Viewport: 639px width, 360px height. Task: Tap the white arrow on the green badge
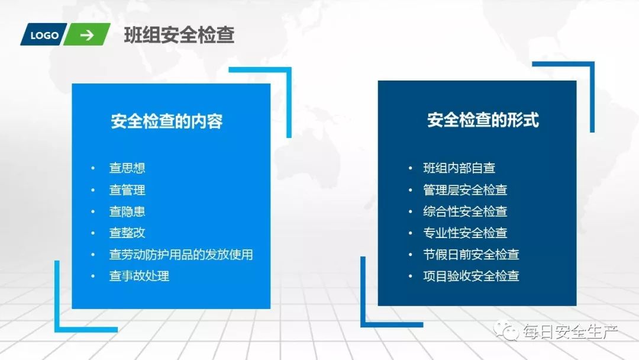87,36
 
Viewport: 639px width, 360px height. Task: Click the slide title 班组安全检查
179,36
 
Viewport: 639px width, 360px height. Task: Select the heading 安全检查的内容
167,121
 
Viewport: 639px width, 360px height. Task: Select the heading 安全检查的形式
483,120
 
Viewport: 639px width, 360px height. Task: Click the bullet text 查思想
127,168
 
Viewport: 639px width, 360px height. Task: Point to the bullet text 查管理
127,190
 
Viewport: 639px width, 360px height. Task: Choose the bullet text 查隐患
127,211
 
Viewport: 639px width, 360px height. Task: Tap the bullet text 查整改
127,233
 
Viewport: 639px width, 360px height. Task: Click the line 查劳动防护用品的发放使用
181,255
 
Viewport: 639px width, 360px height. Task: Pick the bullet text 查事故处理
139,276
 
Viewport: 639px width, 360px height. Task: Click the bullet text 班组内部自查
459,168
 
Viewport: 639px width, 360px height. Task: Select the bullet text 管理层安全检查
465,190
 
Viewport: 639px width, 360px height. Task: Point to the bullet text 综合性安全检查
465,211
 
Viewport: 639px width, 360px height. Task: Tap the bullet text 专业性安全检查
465,233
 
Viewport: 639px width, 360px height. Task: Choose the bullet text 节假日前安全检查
471,255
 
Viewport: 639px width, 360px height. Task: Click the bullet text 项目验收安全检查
471,276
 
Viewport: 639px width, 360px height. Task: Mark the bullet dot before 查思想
93,168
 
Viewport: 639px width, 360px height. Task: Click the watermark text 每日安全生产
569,332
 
